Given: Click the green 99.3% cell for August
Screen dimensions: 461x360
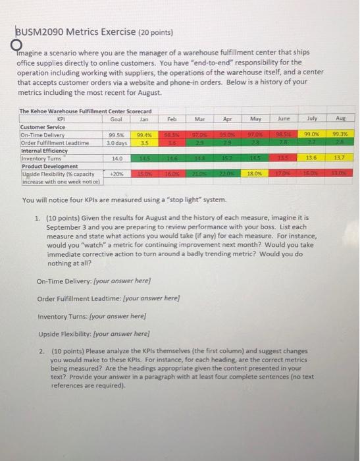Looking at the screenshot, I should point(338,134).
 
